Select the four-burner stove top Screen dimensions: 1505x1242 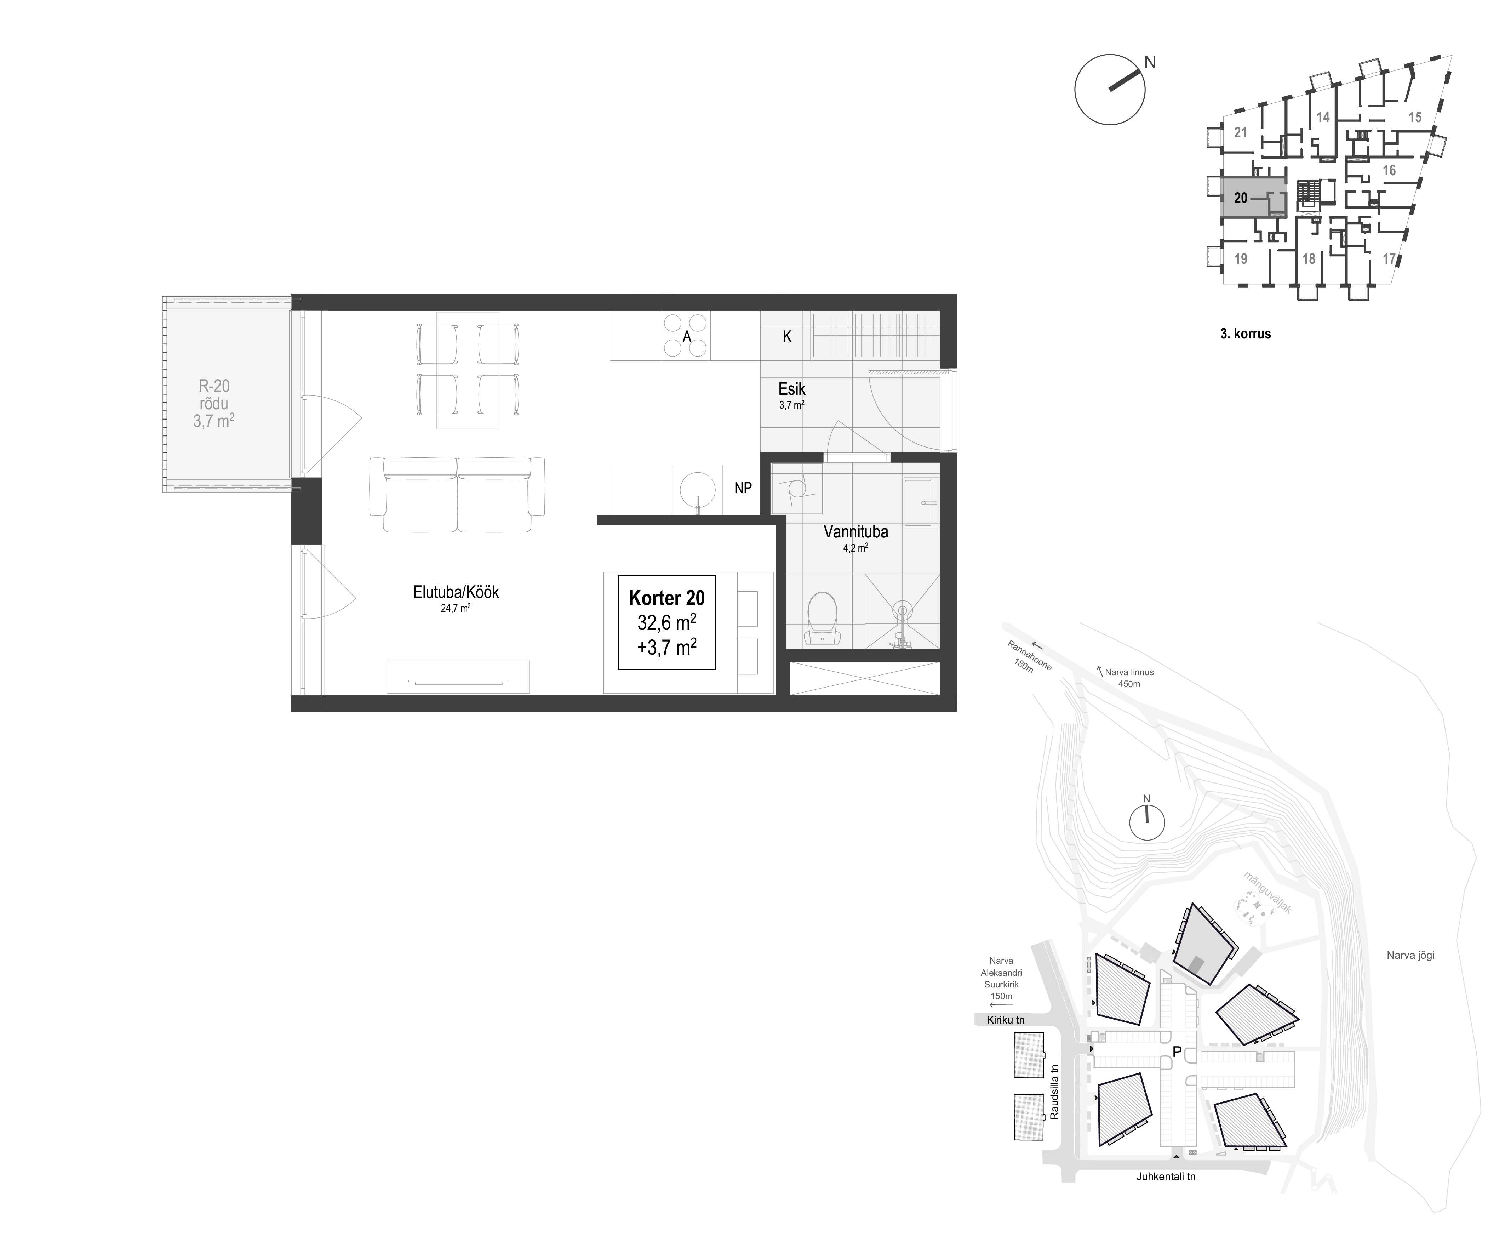point(685,336)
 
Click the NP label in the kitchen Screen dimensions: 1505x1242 point(743,488)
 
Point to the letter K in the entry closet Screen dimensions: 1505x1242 point(787,336)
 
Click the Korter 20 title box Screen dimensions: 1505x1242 point(666,622)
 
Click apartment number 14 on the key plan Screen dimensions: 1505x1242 point(1323,116)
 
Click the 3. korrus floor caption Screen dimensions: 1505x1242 point(1245,334)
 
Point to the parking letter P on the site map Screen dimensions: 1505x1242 point(1177,1053)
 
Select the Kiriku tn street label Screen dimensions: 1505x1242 point(1006,1020)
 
